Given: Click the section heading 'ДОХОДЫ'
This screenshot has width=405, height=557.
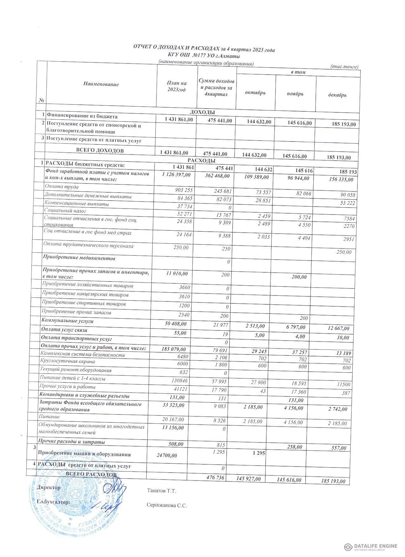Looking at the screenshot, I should coord(202,112).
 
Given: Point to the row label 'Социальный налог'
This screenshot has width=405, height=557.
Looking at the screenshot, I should coord(65,210).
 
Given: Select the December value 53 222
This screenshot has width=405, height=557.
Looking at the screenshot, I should coord(348,203).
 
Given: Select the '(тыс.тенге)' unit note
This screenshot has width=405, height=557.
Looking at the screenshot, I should coord(344,67).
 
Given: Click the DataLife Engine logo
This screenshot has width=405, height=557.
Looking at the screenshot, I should coord(371,546).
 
